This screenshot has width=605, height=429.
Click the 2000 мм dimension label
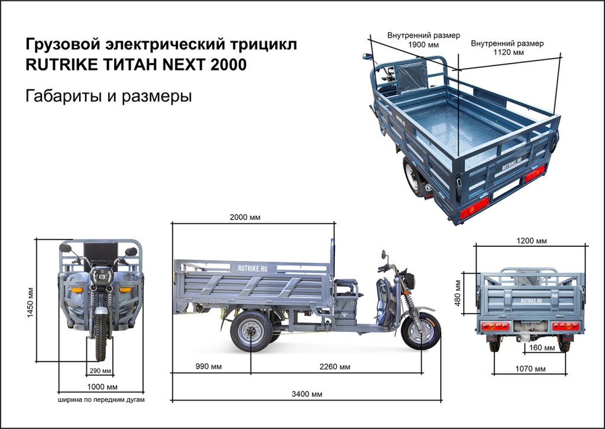[245, 217]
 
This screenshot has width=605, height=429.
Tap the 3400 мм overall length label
[308, 394]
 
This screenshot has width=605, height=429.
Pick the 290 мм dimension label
[100, 371]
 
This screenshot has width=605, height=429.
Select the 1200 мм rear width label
[532, 241]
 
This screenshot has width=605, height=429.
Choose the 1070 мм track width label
[531, 369]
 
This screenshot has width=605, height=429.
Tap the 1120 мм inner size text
[508, 53]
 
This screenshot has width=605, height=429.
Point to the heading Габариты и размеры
[109, 96]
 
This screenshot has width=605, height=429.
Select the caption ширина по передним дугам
[101, 399]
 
